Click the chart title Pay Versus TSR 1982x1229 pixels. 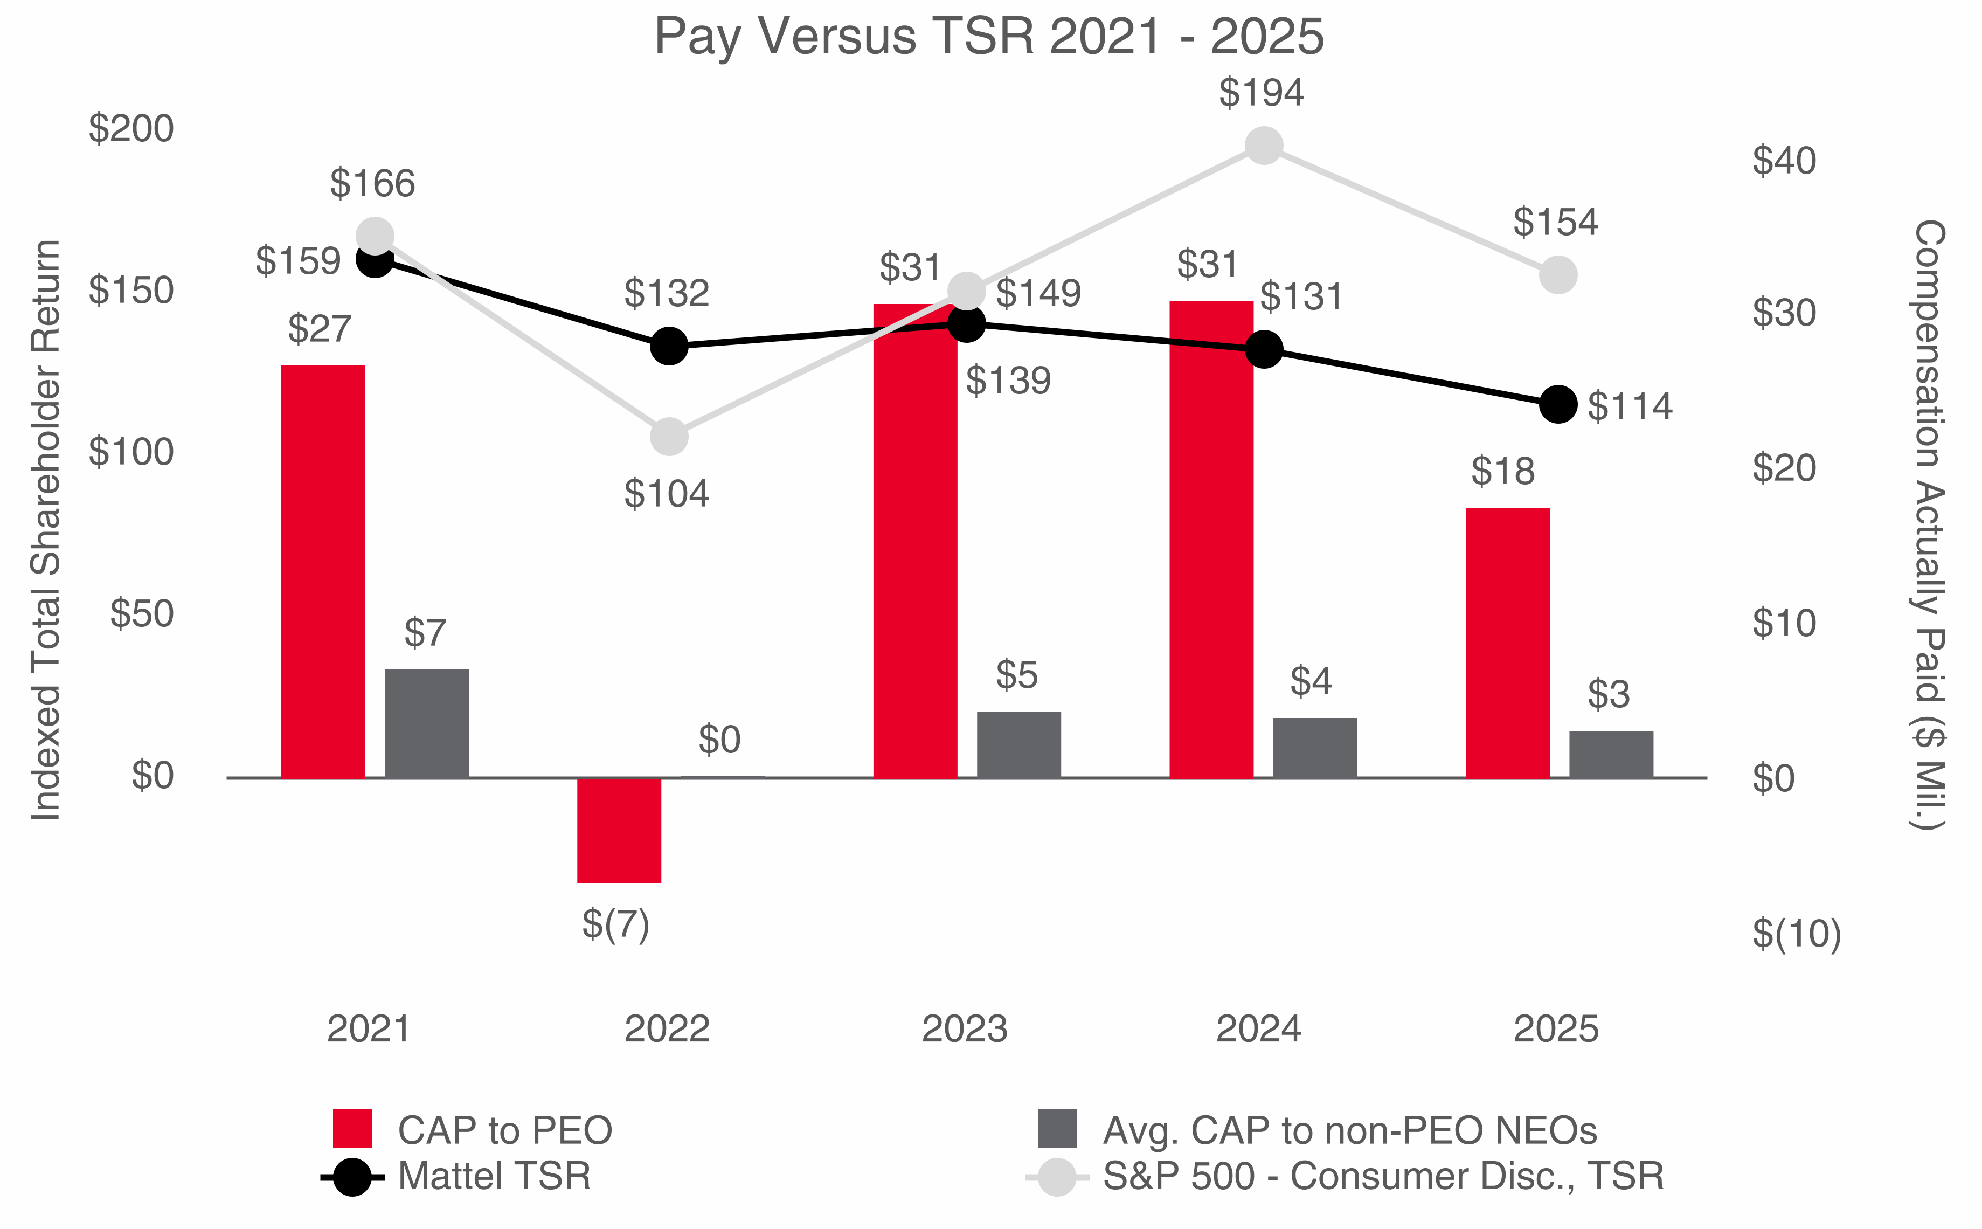(988, 37)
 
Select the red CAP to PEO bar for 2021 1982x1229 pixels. (323, 571)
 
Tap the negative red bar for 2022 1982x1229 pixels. (619, 830)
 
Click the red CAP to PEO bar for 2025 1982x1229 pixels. (1507, 642)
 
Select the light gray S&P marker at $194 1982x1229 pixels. (1263, 146)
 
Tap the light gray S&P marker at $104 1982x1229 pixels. (669, 437)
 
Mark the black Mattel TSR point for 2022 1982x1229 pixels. (669, 346)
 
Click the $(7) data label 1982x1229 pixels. (615, 924)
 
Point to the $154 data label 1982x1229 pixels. (1555, 222)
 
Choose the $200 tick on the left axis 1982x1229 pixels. (131, 128)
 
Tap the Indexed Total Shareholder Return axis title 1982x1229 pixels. (45, 530)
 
